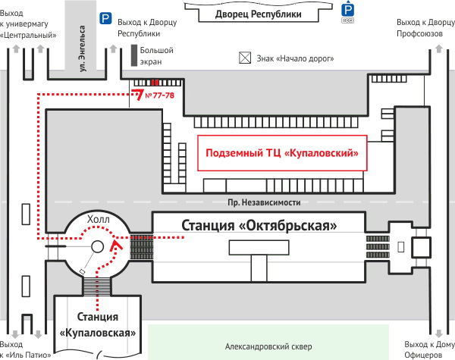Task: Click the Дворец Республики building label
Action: tap(259, 14)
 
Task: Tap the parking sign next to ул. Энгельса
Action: tap(105, 18)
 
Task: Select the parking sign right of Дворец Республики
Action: tap(347, 11)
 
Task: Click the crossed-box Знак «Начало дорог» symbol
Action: tap(245, 58)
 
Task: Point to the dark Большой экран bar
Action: tap(134, 55)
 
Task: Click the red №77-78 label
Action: tap(159, 95)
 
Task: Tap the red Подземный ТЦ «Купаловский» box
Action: tap(282, 153)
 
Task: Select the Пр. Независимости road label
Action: tap(264, 202)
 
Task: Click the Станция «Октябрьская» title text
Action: tap(259, 225)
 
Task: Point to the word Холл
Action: tap(99, 220)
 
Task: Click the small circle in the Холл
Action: tap(98, 246)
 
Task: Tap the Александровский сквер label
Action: tap(268, 346)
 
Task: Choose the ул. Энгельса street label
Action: tap(83, 49)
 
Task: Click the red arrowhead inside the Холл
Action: tap(116, 246)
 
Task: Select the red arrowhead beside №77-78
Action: tap(138, 94)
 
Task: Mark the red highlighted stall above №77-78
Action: tap(155, 83)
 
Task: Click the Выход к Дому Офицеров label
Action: tap(429, 349)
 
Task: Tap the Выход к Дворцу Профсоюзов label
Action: tap(425, 28)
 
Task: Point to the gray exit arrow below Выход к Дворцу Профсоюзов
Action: tap(439, 49)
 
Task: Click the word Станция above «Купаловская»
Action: tap(98, 317)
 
